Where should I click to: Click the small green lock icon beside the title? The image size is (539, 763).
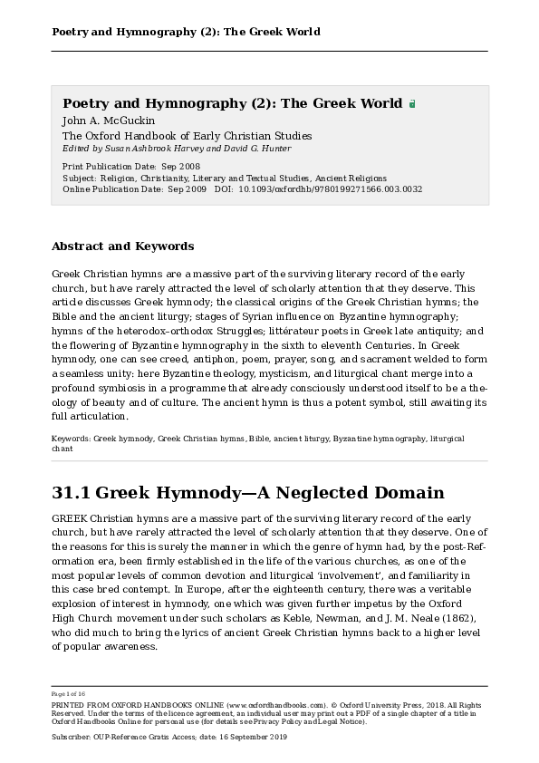coord(412,104)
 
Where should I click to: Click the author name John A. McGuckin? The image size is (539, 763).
coord(109,121)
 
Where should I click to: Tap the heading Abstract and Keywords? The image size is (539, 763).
coord(122,246)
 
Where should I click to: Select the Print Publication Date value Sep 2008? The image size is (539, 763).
coord(180,167)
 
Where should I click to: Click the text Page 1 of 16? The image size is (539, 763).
coord(69,693)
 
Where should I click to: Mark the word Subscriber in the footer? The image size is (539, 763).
coord(72,739)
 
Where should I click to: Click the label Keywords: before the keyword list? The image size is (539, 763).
coord(71,439)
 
